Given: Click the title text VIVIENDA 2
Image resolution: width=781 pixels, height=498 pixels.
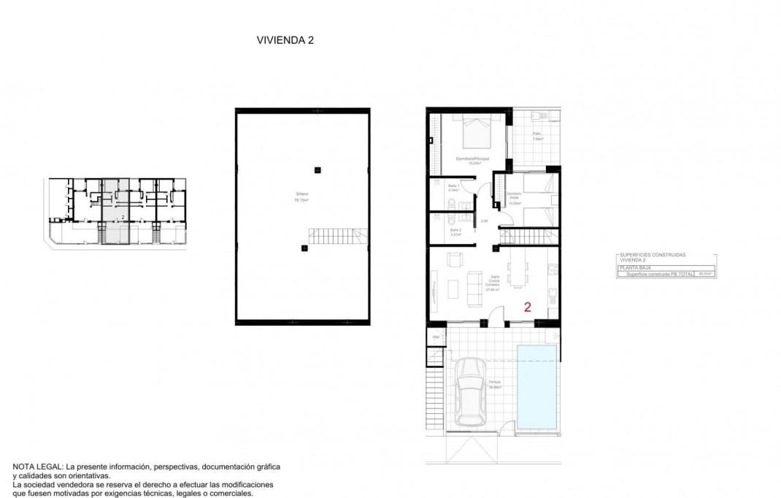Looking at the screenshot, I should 284,41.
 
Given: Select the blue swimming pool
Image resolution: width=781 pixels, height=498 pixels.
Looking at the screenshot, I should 536,386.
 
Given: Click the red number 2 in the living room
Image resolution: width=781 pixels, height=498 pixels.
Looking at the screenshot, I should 527,307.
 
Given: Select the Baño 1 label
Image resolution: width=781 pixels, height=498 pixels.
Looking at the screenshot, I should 453,188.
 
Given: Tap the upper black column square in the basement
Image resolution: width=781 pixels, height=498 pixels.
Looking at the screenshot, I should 317,170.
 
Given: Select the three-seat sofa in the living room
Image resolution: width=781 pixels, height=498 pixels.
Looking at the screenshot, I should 474,284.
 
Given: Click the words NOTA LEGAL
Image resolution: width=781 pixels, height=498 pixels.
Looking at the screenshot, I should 37,466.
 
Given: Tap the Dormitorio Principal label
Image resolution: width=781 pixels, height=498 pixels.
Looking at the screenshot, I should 472,159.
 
